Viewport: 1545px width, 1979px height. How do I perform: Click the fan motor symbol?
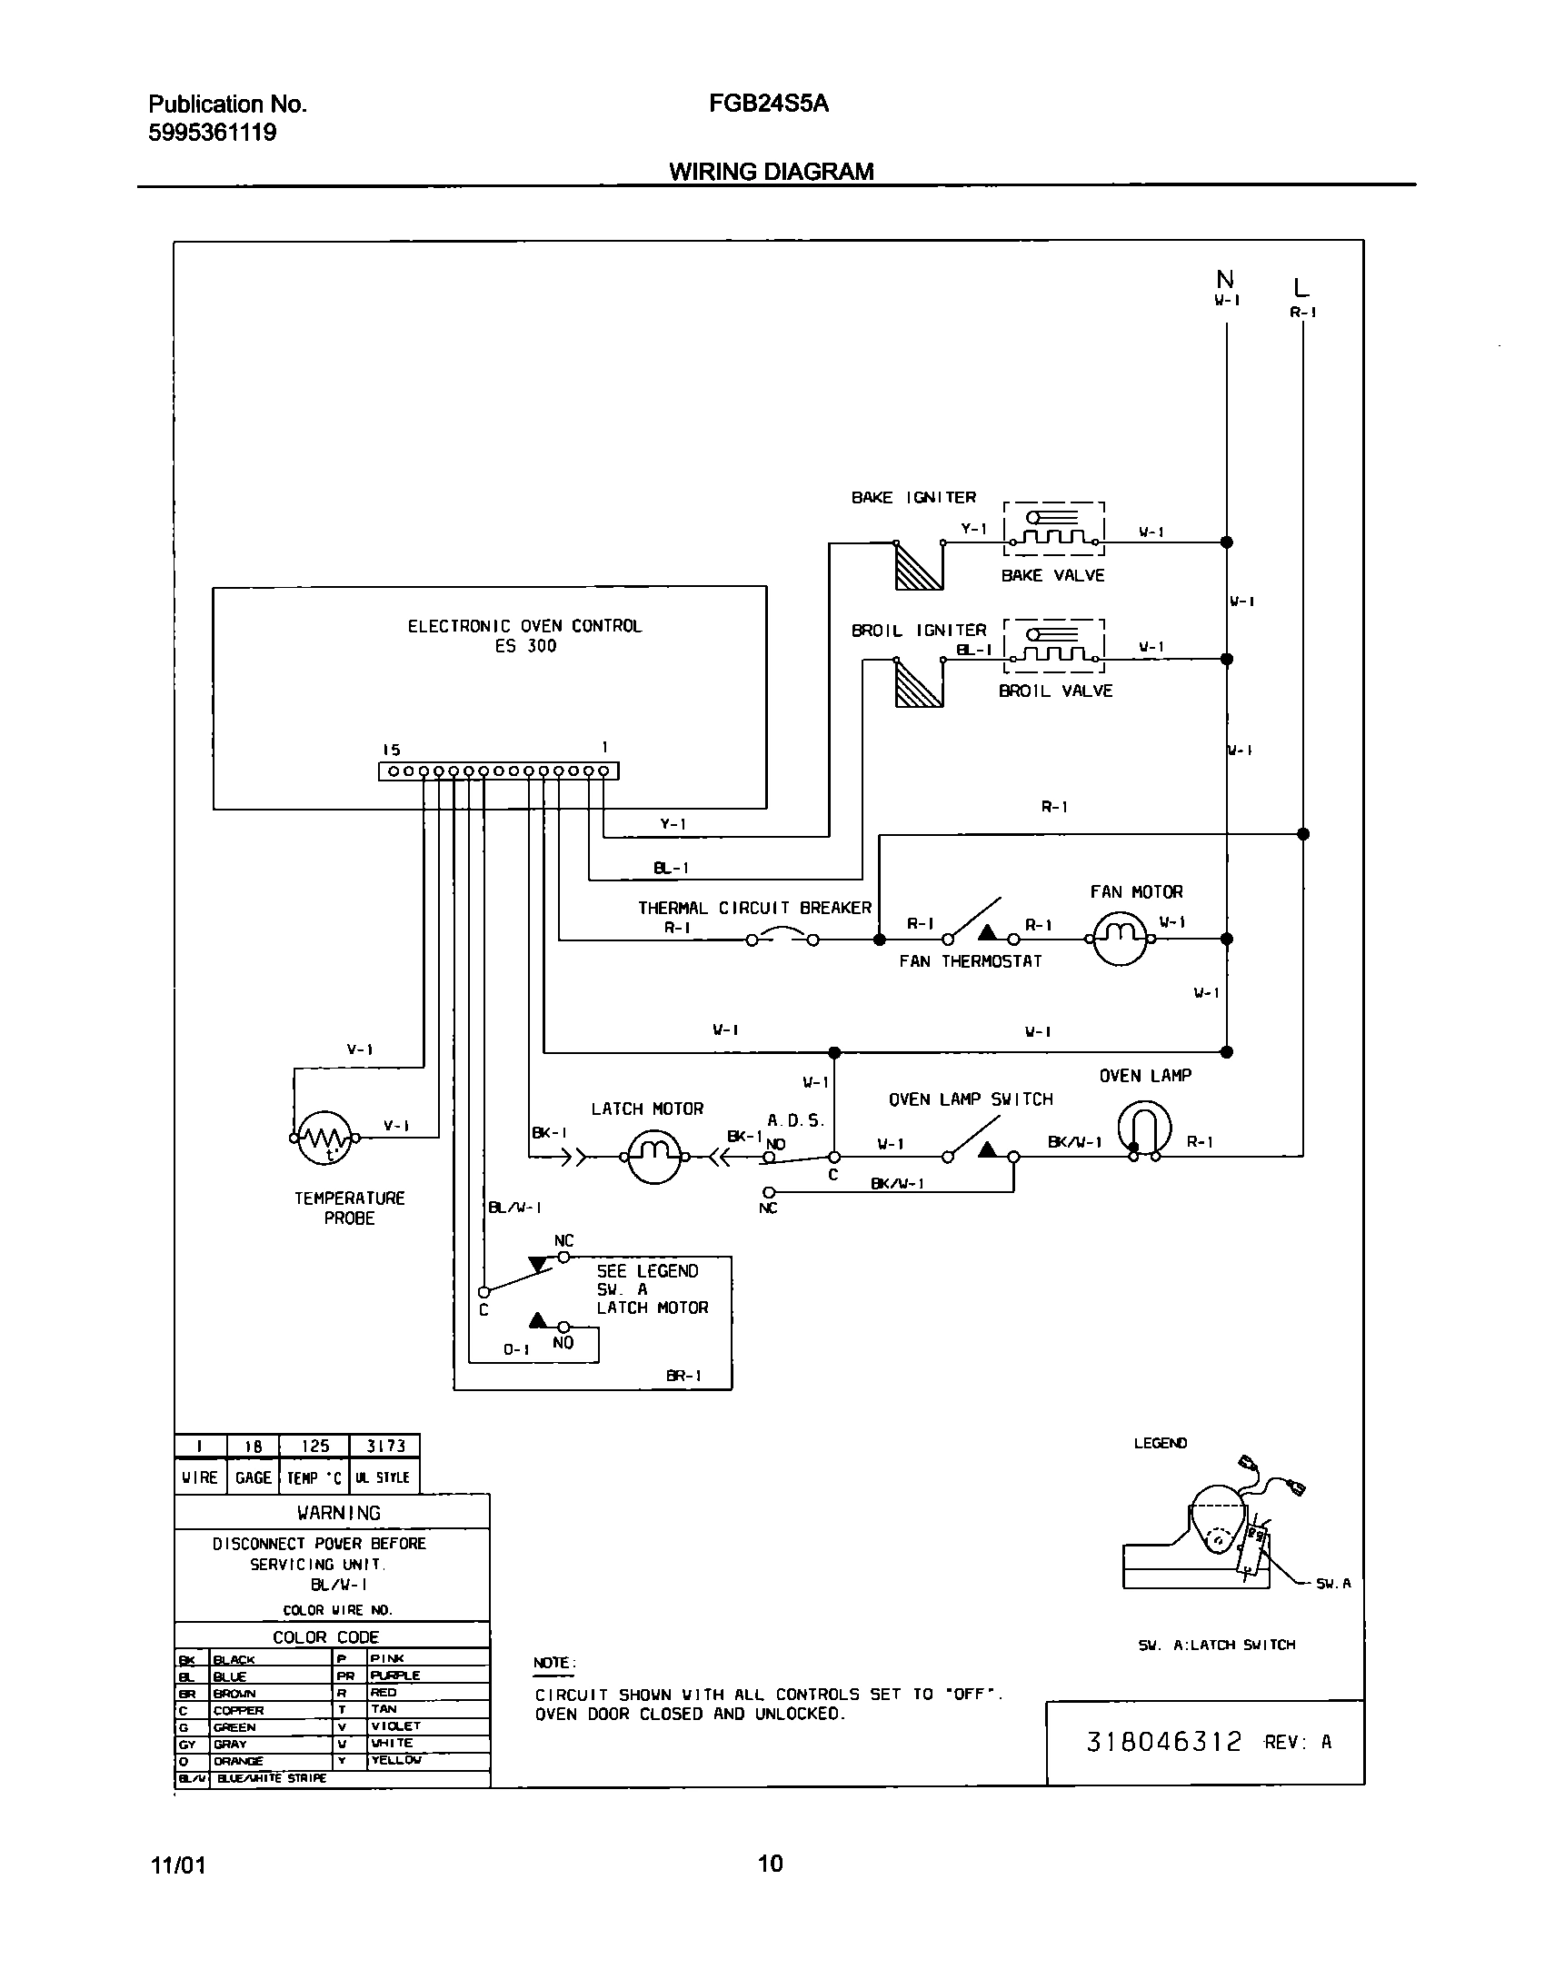click(1119, 940)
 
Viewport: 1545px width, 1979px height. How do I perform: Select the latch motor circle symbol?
click(654, 1157)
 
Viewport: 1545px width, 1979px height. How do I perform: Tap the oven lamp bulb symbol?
click(1144, 1129)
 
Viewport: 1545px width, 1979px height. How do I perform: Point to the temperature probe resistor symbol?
click(324, 1137)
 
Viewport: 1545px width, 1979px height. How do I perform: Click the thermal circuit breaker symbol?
click(782, 938)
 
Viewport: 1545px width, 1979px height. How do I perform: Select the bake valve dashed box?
click(1053, 528)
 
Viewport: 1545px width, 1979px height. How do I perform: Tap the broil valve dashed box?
click(1053, 644)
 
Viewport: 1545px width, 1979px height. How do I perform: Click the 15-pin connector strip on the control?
click(498, 771)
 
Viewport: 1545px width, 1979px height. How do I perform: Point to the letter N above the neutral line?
click(1225, 280)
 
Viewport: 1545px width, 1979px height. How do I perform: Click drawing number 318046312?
click(1164, 1742)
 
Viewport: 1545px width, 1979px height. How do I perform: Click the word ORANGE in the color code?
click(238, 1761)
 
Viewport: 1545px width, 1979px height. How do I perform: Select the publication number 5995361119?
click(212, 133)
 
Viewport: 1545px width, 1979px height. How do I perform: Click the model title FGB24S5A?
click(769, 104)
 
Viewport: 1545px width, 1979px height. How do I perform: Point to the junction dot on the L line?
click(1302, 833)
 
